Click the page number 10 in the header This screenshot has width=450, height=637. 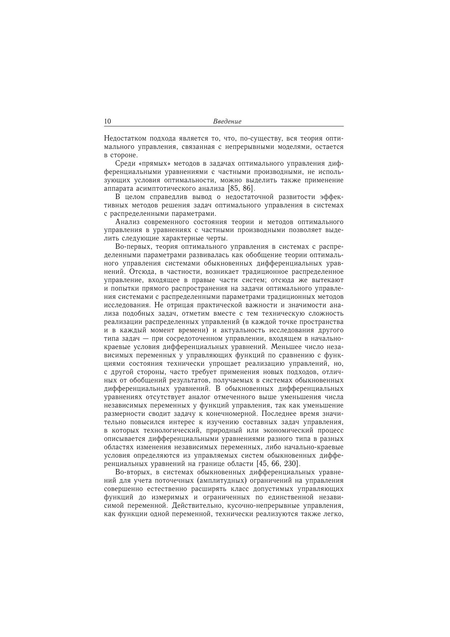pos(107,121)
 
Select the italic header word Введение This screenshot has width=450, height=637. pos(227,121)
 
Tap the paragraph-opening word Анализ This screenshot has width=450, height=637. pos(127,222)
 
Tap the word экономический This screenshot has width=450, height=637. pos(284,430)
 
